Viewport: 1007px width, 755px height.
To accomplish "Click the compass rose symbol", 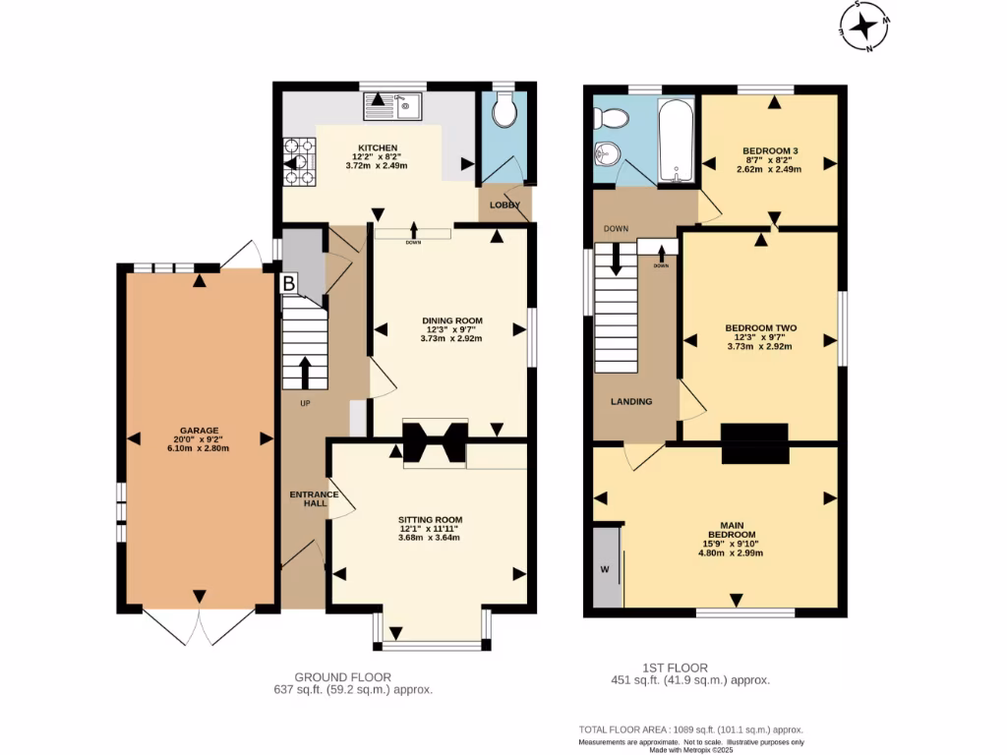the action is (865, 26).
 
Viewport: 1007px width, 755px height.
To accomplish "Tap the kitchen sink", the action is (391, 106).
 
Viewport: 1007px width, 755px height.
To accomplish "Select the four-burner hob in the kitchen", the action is (299, 162).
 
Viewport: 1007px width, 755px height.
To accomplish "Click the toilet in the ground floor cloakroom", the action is (504, 109).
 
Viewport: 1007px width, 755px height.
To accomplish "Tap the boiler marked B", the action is (289, 282).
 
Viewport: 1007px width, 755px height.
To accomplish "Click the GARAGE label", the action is (199, 431).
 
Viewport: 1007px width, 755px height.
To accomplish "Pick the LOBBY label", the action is (504, 204).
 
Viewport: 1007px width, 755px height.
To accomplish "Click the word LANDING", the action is (631, 401).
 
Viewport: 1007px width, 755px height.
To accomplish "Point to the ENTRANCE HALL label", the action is (314, 498).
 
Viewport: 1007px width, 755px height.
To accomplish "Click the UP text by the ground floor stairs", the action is (305, 403).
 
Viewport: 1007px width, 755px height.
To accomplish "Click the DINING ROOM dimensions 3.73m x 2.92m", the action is (451, 338).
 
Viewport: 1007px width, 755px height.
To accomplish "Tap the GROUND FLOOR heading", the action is (343, 676).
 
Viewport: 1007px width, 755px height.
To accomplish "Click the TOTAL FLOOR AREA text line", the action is (691, 729).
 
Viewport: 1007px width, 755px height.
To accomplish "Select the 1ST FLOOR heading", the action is (675, 668).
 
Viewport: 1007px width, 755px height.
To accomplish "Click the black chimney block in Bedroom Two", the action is (755, 443).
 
